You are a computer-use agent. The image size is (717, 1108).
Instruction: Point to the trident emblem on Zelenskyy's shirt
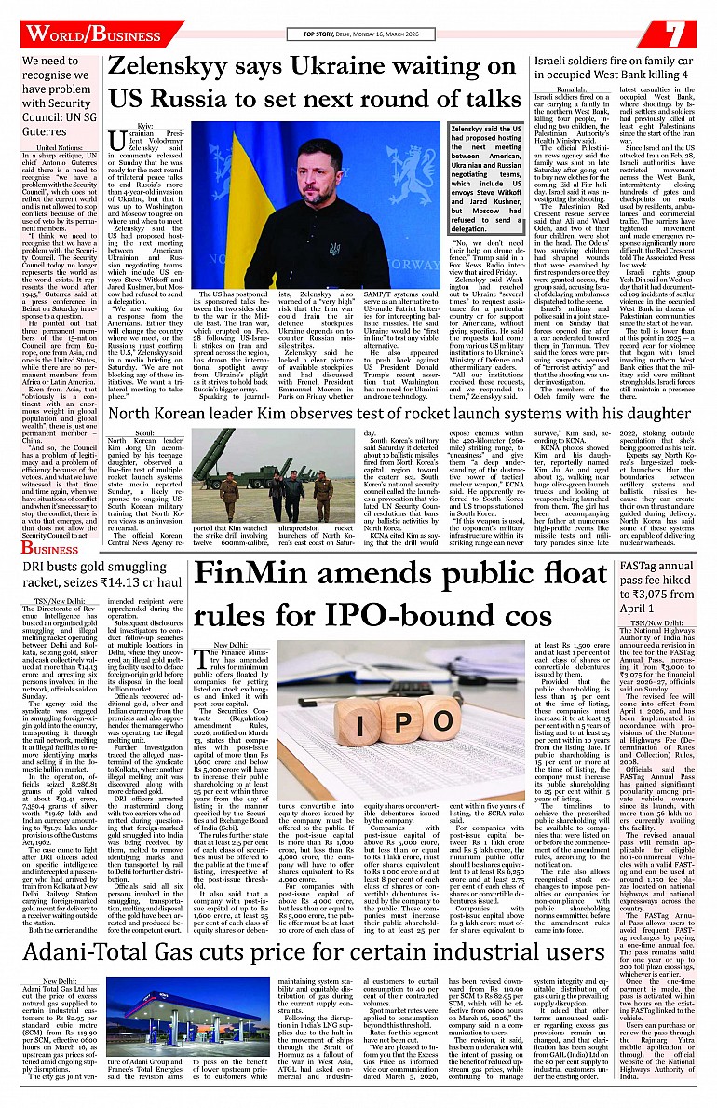click(335, 250)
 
